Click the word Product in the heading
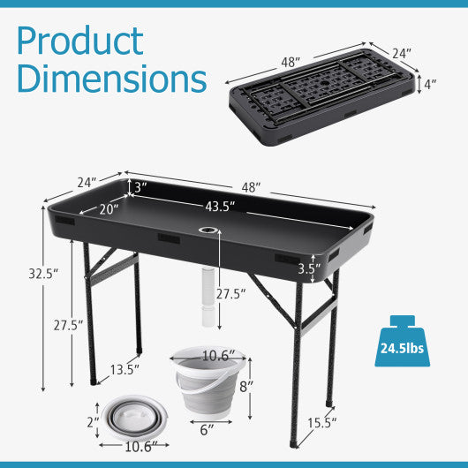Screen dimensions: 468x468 pos(79,42)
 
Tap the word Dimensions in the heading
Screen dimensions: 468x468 pos(111,79)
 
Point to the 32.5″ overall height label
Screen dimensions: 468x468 pos(42,274)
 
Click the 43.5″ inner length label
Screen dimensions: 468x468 pos(221,207)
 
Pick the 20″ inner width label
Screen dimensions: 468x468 pos(107,210)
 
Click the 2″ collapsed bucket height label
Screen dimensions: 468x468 pos(90,423)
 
